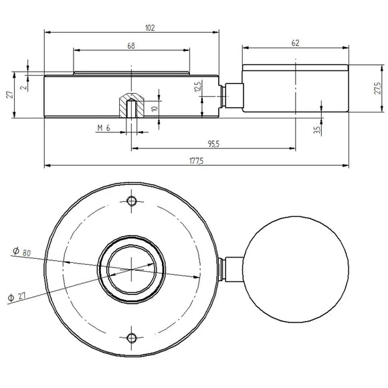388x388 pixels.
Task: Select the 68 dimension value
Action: click(131, 45)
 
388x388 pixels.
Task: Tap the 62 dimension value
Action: click(296, 43)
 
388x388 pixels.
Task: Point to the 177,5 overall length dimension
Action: click(197, 161)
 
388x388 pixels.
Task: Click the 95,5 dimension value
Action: click(213, 143)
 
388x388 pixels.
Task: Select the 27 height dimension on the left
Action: click(10, 95)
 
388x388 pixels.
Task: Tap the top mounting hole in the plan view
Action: click(132, 201)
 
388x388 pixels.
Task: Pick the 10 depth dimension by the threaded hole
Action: click(155, 109)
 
